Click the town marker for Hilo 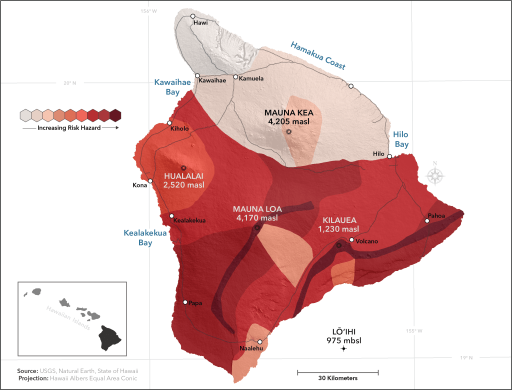(x=389, y=156)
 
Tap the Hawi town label (x=200, y=22)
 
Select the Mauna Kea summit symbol (x=288, y=132)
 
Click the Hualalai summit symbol (x=183, y=168)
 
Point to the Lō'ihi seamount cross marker (x=343, y=348)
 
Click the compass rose (x=435, y=175)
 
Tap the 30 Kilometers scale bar (x=338, y=372)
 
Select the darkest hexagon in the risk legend (x=115, y=115)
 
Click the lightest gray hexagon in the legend (x=25, y=115)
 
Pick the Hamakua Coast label (x=318, y=54)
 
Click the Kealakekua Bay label (x=138, y=237)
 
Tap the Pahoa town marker (x=427, y=220)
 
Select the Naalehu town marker (x=259, y=342)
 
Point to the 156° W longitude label (x=149, y=11)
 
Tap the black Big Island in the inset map (x=109, y=337)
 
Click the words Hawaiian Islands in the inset (x=67, y=318)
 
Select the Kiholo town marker (x=169, y=123)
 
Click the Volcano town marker (x=352, y=240)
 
